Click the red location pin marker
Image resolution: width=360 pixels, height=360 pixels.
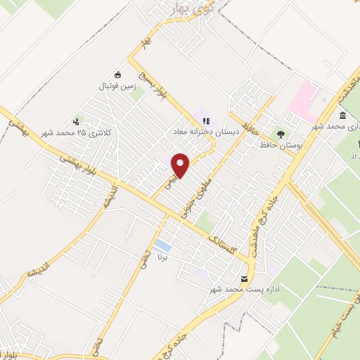pyautogui.click(x=181, y=165)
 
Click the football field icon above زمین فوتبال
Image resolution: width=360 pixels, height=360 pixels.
pyautogui.click(x=117, y=75)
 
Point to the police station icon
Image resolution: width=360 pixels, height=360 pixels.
pyautogui.click(x=76, y=121)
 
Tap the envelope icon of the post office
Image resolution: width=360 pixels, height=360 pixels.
pyautogui.click(x=245, y=279)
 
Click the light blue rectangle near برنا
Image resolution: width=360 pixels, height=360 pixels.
pyautogui.click(x=162, y=246)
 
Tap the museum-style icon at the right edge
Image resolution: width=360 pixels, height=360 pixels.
pyautogui.click(x=342, y=116)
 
